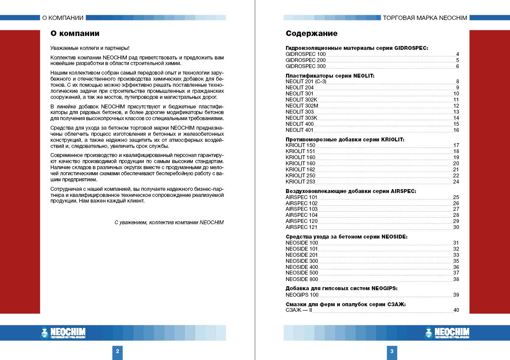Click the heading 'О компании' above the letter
75,33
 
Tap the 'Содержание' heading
311,33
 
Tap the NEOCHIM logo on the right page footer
447,333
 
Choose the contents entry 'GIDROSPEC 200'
306,60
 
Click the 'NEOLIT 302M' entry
302,106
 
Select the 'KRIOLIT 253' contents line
300,182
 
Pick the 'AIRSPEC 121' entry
302,227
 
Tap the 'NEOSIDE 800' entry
302,279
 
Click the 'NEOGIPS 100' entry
302,295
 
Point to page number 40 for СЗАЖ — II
456,310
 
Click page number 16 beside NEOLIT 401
456,130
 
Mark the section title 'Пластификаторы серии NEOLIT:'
329,75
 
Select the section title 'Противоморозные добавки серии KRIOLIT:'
345,139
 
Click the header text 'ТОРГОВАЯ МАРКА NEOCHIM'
425,18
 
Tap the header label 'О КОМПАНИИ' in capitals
63,18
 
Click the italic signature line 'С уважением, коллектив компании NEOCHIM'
169,223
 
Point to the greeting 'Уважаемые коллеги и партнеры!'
90,48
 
